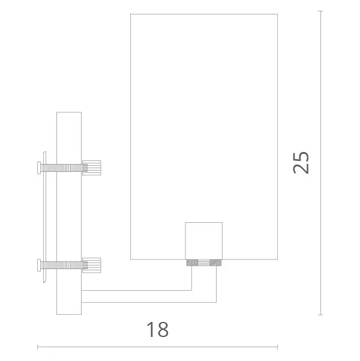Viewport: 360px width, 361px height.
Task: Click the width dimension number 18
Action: coord(158,329)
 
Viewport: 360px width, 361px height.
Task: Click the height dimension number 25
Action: coord(301,163)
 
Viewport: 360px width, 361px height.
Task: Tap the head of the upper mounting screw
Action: coord(39,168)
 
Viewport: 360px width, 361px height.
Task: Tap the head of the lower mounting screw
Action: coord(39,265)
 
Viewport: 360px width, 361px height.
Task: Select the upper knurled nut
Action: coord(92,168)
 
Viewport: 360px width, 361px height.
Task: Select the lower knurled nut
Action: coord(92,265)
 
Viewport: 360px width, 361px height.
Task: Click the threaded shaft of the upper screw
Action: coord(62,168)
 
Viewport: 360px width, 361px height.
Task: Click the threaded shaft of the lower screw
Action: coord(62,265)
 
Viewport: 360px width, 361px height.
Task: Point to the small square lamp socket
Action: coord(204,241)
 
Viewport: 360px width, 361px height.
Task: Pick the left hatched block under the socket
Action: coord(193,262)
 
